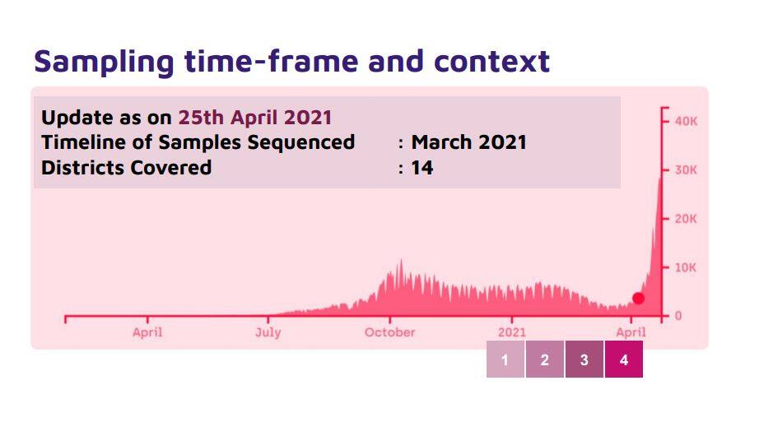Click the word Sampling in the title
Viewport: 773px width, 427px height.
point(104,62)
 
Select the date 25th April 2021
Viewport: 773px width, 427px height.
point(255,118)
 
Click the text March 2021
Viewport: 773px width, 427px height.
point(469,142)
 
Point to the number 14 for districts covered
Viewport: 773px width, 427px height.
point(422,168)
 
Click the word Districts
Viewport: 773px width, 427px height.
point(83,168)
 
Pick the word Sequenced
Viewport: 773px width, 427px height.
point(301,143)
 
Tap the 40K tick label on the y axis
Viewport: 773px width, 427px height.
point(686,121)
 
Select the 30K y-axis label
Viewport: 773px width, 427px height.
point(686,170)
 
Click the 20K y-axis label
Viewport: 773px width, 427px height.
point(686,219)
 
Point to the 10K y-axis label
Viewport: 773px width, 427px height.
point(686,267)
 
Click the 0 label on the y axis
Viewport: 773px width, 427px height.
point(678,316)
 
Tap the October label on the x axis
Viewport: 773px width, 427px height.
point(390,332)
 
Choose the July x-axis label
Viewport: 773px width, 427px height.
point(268,332)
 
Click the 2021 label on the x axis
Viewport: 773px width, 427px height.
point(512,332)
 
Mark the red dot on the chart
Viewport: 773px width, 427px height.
point(639,299)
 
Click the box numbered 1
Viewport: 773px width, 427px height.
point(505,359)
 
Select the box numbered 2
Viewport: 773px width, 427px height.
point(545,359)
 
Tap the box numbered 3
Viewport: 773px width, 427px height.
point(584,359)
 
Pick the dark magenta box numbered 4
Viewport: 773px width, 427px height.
point(624,359)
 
